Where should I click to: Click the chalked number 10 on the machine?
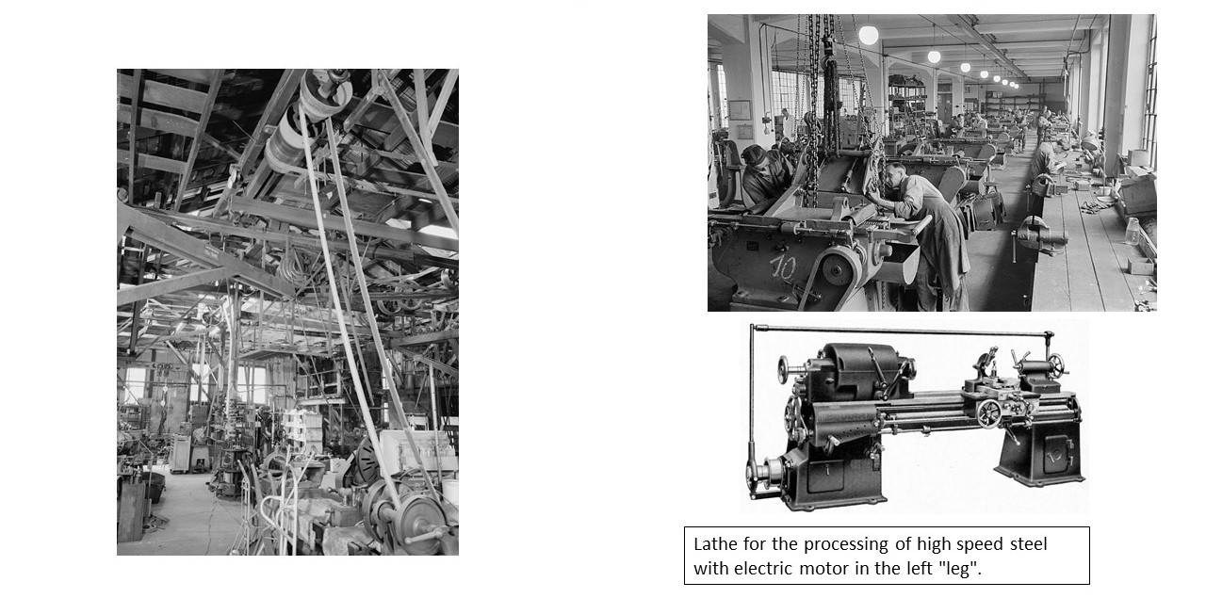click(783, 267)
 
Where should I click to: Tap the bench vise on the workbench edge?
click(1041, 235)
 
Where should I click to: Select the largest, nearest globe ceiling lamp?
click(869, 35)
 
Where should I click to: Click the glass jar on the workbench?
click(1133, 232)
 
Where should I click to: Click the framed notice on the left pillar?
click(740, 110)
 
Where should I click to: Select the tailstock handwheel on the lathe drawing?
click(1057, 366)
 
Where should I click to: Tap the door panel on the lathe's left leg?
click(824, 476)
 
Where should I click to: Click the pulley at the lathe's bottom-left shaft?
click(759, 475)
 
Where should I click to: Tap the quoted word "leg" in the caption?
click(961, 570)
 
